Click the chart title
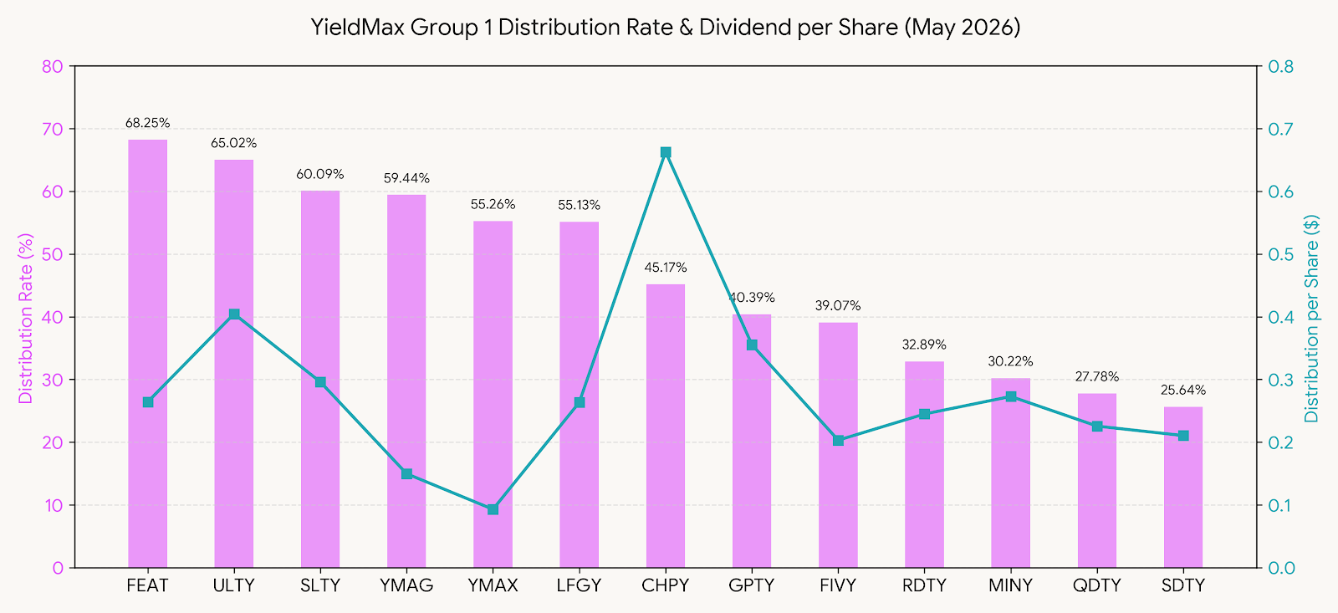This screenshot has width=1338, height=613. pos(666,28)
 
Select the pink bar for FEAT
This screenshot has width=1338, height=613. pos(147,354)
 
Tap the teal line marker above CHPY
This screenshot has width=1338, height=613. pos(666,152)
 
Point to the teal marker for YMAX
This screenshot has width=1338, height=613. pos(493,509)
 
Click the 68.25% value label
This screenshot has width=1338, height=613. pos(147,123)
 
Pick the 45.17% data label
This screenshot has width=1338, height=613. pos(666,268)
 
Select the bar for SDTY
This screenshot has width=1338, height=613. pos(1183,488)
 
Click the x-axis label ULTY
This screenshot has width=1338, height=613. pos(233,585)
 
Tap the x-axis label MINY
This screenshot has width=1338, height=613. pos(1011,585)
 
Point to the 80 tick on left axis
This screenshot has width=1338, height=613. pos(53,66)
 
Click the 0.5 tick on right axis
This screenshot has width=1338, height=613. pos(1280,254)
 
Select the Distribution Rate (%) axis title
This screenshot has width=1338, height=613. pos(25,318)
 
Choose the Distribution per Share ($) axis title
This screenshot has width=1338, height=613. pos(1312,318)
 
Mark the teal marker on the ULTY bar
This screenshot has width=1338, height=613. pos(234,314)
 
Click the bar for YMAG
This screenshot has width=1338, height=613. pos(406,381)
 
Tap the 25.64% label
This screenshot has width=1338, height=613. pos(1183,391)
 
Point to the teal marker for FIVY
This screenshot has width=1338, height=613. pos(838,441)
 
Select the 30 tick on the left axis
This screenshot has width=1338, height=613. pos(53,380)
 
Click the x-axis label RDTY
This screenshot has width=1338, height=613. pos(924,585)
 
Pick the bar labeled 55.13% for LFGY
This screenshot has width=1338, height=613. pos(579,395)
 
